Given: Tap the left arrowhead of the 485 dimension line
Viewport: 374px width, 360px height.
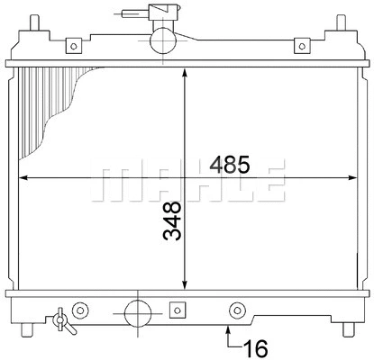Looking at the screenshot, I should (x=24, y=176).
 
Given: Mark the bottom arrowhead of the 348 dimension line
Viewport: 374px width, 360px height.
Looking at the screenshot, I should (x=185, y=282).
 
